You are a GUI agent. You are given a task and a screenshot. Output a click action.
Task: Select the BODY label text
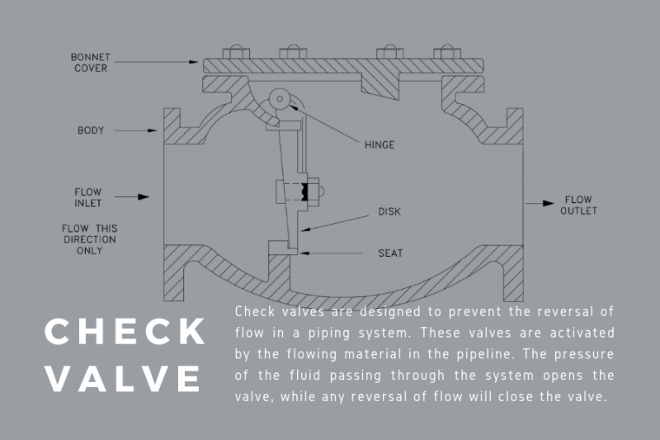(x=90, y=130)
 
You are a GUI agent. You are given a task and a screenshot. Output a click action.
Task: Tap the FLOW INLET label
(x=87, y=197)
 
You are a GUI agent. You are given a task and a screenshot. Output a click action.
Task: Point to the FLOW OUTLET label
(x=577, y=205)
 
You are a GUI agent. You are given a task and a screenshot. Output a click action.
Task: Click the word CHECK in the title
(x=125, y=333)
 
